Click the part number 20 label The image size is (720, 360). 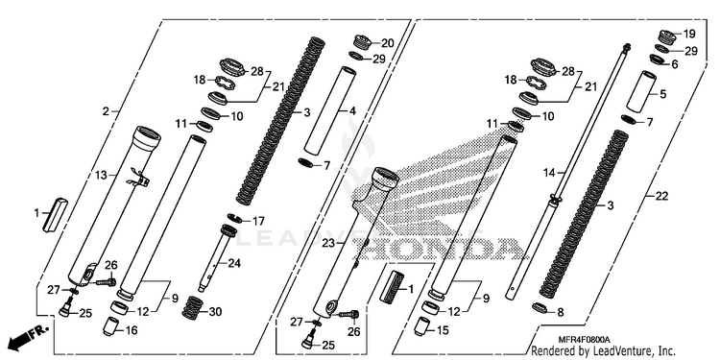click(x=388, y=43)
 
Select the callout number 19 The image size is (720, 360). click(x=689, y=34)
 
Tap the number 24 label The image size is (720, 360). click(x=234, y=264)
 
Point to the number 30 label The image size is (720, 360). click(x=215, y=312)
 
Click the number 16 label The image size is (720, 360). click(x=131, y=330)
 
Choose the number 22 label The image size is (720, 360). click(x=661, y=197)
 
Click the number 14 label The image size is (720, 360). click(x=549, y=173)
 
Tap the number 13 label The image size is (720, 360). click(x=101, y=175)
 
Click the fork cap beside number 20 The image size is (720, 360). click(x=365, y=42)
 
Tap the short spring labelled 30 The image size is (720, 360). click(x=193, y=307)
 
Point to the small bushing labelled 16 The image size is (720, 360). click(x=110, y=326)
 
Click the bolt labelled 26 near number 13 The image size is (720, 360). click(x=106, y=281)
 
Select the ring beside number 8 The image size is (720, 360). click(x=540, y=307)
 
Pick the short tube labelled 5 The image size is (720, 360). click(x=640, y=91)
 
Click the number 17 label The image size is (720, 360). click(x=258, y=222)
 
